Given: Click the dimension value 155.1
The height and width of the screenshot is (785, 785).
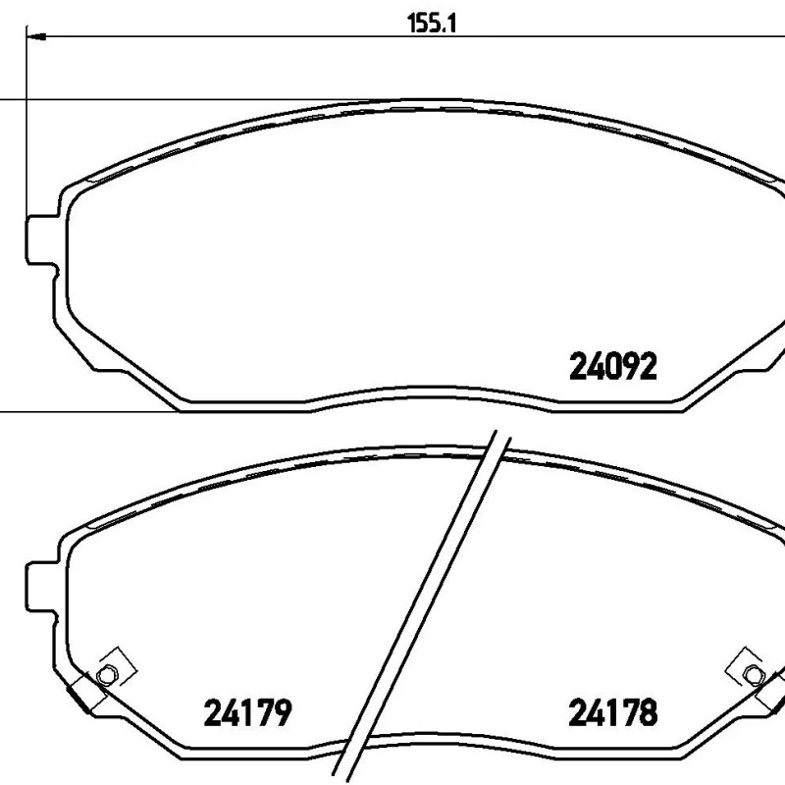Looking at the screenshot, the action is point(432,24).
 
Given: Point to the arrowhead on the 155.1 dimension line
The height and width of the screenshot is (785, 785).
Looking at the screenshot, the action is point(36,36).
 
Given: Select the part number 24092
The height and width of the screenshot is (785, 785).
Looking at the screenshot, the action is point(612,366).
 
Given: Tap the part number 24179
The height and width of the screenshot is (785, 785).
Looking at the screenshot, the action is point(247,712).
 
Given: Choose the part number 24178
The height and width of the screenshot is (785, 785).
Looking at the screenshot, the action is point(612,712).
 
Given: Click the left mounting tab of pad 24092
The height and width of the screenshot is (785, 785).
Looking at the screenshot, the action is point(42,239).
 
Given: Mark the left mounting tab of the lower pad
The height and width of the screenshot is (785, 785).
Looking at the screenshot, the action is point(42,587).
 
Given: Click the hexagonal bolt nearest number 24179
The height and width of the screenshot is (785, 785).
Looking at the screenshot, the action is point(106,676).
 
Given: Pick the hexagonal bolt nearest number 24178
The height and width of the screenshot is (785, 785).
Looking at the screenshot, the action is point(754,675).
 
